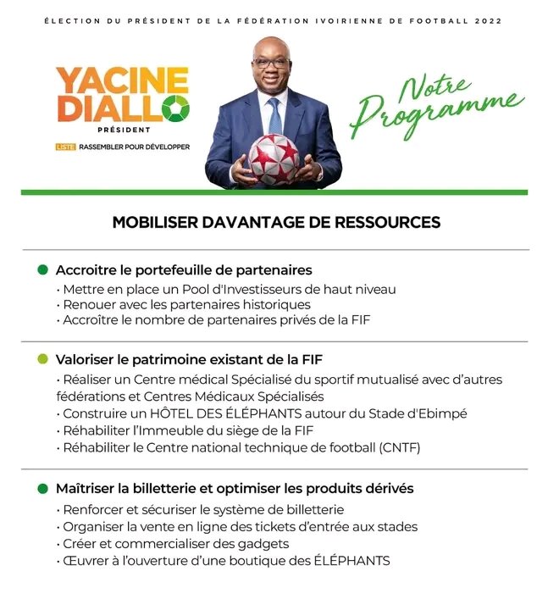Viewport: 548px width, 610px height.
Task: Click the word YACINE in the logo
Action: tap(121, 81)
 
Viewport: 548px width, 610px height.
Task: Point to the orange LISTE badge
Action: tap(65, 147)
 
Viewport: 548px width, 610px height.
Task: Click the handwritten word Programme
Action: tap(437, 108)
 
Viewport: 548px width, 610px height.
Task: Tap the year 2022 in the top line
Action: tap(493, 19)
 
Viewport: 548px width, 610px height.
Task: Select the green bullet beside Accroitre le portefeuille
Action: tap(42, 270)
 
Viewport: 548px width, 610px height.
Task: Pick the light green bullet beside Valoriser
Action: tap(42, 360)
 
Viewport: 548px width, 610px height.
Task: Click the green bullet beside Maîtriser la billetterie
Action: tap(42, 489)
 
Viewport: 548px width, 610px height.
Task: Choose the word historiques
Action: tap(277, 304)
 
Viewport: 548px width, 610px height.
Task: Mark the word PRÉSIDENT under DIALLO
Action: tap(124, 130)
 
